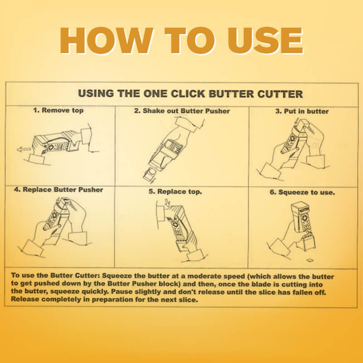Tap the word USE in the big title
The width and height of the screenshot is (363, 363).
[x=265, y=40]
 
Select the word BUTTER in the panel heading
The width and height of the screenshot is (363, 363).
[x=231, y=94]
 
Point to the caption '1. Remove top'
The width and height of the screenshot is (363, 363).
[x=58, y=110]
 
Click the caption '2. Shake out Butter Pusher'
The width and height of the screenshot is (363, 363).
[x=182, y=111]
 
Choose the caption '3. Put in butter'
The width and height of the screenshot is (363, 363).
[x=302, y=111]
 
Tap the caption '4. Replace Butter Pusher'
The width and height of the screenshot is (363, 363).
[x=59, y=190]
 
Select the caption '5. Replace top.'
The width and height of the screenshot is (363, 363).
[x=175, y=191]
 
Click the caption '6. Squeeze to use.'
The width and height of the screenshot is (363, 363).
[x=302, y=192]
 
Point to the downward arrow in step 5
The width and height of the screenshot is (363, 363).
[x=167, y=202]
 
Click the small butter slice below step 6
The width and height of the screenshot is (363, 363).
[x=310, y=260]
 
